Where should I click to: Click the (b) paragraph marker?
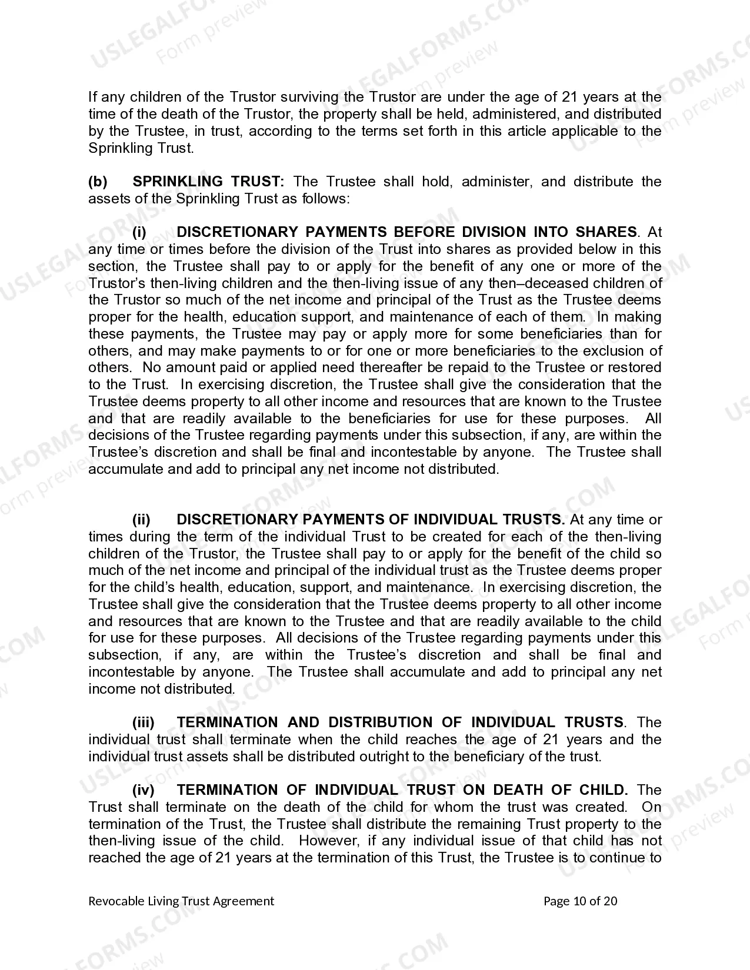(98, 182)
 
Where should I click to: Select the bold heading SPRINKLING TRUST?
(208, 182)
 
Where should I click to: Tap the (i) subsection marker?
(139, 232)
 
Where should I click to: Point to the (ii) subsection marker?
(141, 520)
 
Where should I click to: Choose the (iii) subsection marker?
(144, 723)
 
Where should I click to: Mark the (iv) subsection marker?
(144, 790)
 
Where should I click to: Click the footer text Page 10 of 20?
(580, 901)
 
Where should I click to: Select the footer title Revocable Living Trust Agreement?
(181, 901)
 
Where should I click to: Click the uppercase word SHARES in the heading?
(606, 232)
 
